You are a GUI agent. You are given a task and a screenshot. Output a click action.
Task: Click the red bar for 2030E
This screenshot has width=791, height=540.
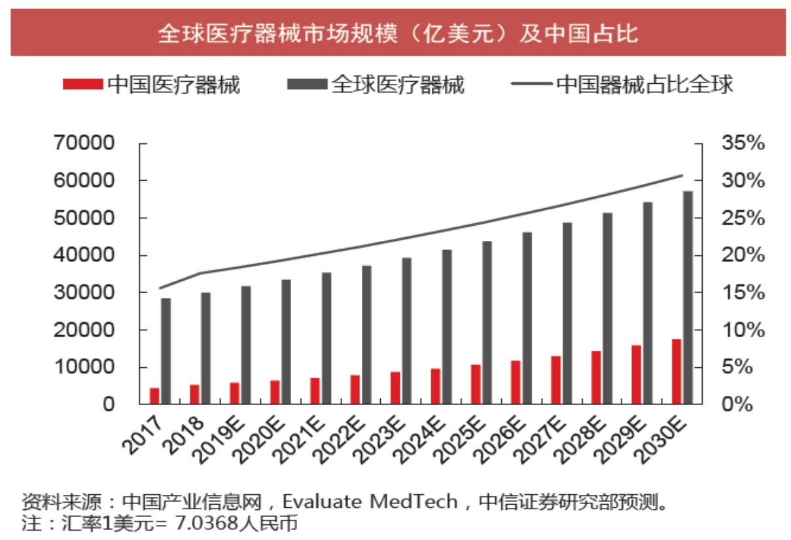pyautogui.click(x=677, y=371)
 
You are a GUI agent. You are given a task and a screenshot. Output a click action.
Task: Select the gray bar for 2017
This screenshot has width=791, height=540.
pyautogui.click(x=166, y=351)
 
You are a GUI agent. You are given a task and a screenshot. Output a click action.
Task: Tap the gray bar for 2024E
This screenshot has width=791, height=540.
pyautogui.click(x=447, y=327)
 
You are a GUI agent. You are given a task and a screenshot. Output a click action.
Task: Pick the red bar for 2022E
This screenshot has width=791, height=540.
pyautogui.click(x=355, y=389)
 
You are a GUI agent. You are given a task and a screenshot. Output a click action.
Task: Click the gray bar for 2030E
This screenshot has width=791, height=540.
pyautogui.click(x=688, y=297)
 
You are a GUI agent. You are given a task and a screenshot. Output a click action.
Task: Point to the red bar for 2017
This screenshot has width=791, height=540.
pyautogui.click(x=154, y=396)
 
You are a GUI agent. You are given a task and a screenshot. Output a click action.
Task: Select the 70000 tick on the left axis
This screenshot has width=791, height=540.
pyautogui.click(x=92, y=143)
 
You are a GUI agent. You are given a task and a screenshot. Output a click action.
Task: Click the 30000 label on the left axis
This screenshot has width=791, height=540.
pyautogui.click(x=92, y=293)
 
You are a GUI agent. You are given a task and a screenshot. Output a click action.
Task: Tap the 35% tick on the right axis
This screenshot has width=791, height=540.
pyautogui.click(x=743, y=143)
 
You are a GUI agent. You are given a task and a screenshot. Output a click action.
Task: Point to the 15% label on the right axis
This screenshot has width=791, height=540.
pyautogui.click(x=743, y=293)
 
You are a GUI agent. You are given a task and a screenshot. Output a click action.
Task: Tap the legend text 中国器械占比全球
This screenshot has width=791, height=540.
pyautogui.click(x=644, y=84)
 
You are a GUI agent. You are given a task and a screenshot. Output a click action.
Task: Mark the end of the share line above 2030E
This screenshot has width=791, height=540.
pyautogui.click(x=682, y=175)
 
